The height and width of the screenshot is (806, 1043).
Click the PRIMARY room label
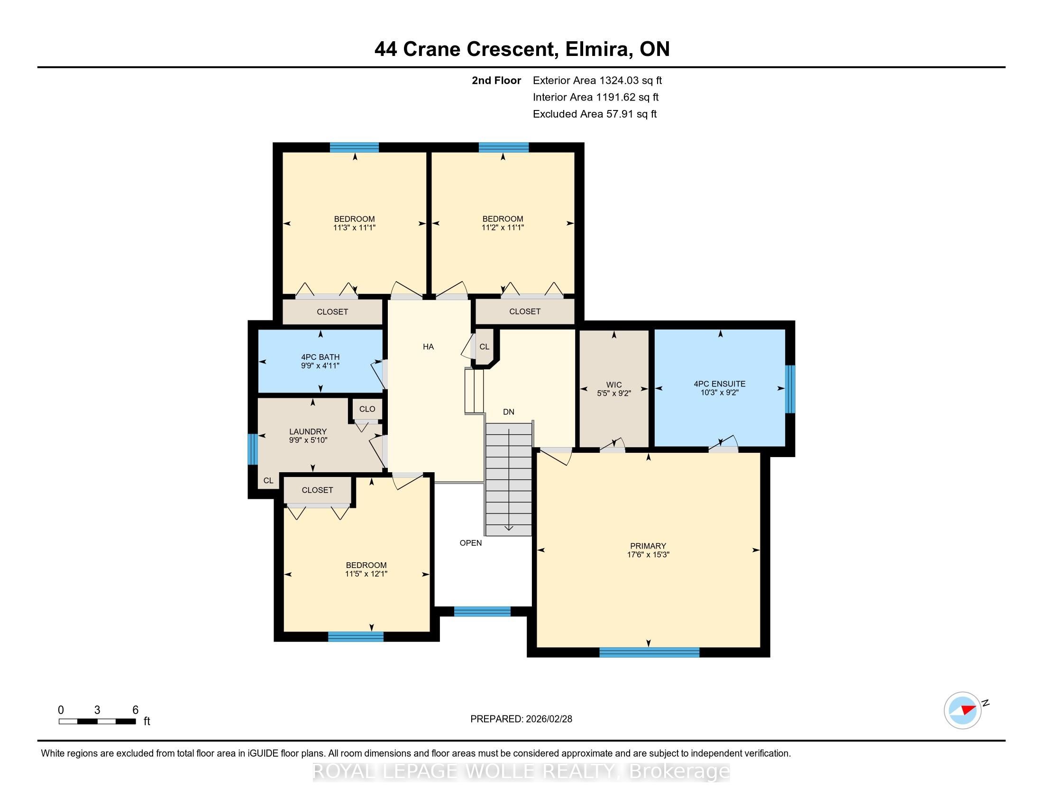click(648, 546)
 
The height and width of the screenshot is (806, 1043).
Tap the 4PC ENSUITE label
click(719, 384)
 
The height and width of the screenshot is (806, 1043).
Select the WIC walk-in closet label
click(613, 385)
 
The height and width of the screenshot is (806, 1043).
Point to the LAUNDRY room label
click(308, 431)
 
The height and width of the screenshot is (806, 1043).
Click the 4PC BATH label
click(320, 357)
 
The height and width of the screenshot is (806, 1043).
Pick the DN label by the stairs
click(508, 412)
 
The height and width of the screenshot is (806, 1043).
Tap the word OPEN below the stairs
click(470, 543)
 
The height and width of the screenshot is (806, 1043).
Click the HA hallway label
click(428, 347)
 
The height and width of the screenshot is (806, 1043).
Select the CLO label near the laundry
click(367, 409)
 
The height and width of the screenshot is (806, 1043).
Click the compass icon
click(962, 710)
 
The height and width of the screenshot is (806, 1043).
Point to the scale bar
click(97, 722)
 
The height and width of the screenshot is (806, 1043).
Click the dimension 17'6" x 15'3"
click(648, 555)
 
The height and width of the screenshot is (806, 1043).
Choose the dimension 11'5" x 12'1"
click(366, 574)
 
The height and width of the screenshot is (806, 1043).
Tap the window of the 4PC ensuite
click(790, 389)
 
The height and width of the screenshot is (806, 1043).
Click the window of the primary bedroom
click(649, 652)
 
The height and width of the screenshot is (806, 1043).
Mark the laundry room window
click(253, 449)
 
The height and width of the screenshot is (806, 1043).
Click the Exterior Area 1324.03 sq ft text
click(597, 80)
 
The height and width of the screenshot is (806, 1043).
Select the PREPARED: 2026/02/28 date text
click(521, 719)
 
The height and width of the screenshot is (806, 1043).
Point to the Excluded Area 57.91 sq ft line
click(595, 114)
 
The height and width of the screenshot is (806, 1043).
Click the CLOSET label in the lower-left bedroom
click(317, 490)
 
